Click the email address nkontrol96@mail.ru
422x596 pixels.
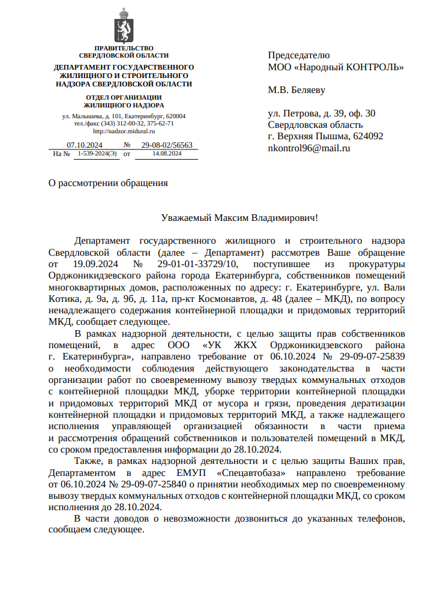click(x=309, y=148)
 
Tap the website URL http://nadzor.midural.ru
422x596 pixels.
click(x=124, y=131)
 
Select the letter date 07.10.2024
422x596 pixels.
click(x=85, y=145)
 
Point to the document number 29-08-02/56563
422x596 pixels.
click(x=167, y=145)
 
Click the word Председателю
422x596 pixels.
click(x=298, y=55)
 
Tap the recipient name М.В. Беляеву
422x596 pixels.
click(x=296, y=91)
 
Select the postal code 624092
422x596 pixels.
click(x=369, y=136)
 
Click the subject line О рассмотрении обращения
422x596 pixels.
click(x=108, y=183)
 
